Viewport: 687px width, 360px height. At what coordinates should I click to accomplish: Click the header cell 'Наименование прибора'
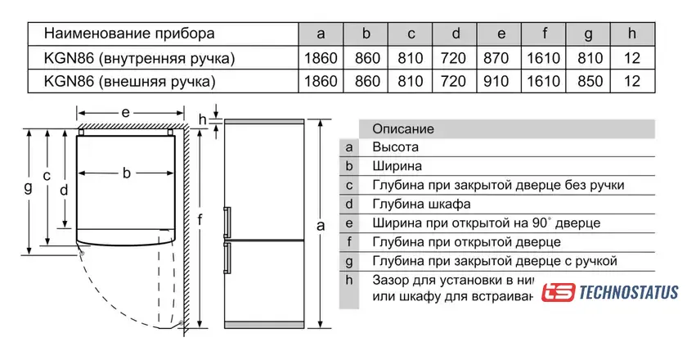tap(129, 34)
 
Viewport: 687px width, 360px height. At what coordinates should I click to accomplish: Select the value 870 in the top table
tap(501, 58)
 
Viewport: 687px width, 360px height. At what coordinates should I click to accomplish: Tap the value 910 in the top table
tap(501, 82)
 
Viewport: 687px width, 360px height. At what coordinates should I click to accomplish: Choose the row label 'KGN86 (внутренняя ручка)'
tap(140, 58)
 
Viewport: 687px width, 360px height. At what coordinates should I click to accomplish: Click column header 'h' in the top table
tap(631, 34)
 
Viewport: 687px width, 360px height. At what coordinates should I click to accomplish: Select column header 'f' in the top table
tap(545, 34)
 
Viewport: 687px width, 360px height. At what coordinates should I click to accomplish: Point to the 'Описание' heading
tap(402, 129)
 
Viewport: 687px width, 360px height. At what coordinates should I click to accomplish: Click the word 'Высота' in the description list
tap(395, 147)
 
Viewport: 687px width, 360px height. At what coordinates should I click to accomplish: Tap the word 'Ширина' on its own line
tap(397, 166)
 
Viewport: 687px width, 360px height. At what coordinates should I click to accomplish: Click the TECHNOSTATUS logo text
tap(628, 293)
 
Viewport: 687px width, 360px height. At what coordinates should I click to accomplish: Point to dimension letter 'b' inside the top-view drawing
tap(127, 173)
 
